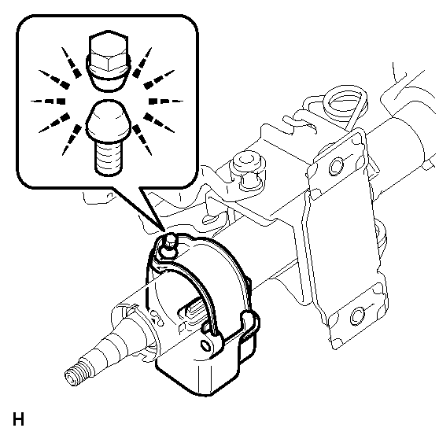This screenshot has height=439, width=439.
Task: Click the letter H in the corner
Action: tap(18, 419)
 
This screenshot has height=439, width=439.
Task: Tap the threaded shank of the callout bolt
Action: tap(108, 158)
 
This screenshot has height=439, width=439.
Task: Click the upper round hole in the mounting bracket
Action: tap(336, 166)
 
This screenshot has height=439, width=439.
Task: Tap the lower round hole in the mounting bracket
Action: tap(357, 316)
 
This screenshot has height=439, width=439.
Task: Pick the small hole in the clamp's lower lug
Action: tap(206, 345)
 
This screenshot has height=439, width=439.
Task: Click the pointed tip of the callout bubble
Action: tap(164, 232)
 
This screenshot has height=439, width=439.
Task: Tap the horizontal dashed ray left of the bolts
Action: tap(48, 101)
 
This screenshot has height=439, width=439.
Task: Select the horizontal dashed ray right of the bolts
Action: tap(166, 101)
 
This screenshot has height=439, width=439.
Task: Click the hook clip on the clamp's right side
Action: tap(249, 326)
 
